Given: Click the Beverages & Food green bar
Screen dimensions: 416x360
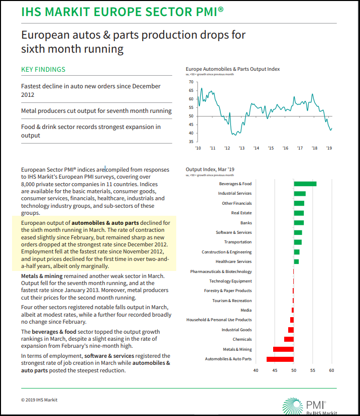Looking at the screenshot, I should point(305,184).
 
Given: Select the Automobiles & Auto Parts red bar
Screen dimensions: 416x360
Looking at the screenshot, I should point(280,359).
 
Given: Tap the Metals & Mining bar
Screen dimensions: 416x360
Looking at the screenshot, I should point(283,349).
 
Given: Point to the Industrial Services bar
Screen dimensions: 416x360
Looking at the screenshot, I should point(299,193).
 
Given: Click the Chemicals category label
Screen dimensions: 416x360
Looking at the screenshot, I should point(242,340).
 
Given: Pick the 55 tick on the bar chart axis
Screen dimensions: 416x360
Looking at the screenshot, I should point(312,370).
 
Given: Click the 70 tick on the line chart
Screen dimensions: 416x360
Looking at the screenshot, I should point(191,82).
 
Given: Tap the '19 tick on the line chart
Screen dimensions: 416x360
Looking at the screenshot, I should point(329,149).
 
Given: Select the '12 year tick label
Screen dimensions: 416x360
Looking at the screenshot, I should point(227,149).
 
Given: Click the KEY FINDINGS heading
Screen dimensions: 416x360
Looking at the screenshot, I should point(43,70).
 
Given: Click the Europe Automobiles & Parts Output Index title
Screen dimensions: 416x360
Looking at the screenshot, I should point(232,69).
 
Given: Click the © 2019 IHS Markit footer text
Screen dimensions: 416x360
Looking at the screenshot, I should point(39,400).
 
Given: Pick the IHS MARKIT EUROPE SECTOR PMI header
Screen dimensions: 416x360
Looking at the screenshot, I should point(119,12).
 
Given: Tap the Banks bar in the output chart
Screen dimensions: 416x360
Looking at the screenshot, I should point(298,223).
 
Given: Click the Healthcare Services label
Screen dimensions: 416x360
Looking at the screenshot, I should point(233,261).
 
